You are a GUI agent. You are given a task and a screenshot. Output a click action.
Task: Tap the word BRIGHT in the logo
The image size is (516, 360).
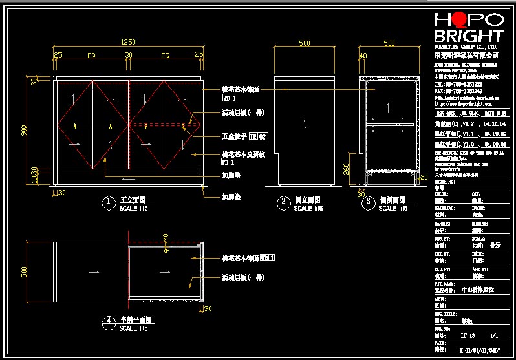click(x=469, y=36)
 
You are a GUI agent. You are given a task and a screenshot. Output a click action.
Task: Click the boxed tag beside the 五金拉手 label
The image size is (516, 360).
click(x=259, y=137)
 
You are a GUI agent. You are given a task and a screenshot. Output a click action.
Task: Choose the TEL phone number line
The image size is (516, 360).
click(x=458, y=84)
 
